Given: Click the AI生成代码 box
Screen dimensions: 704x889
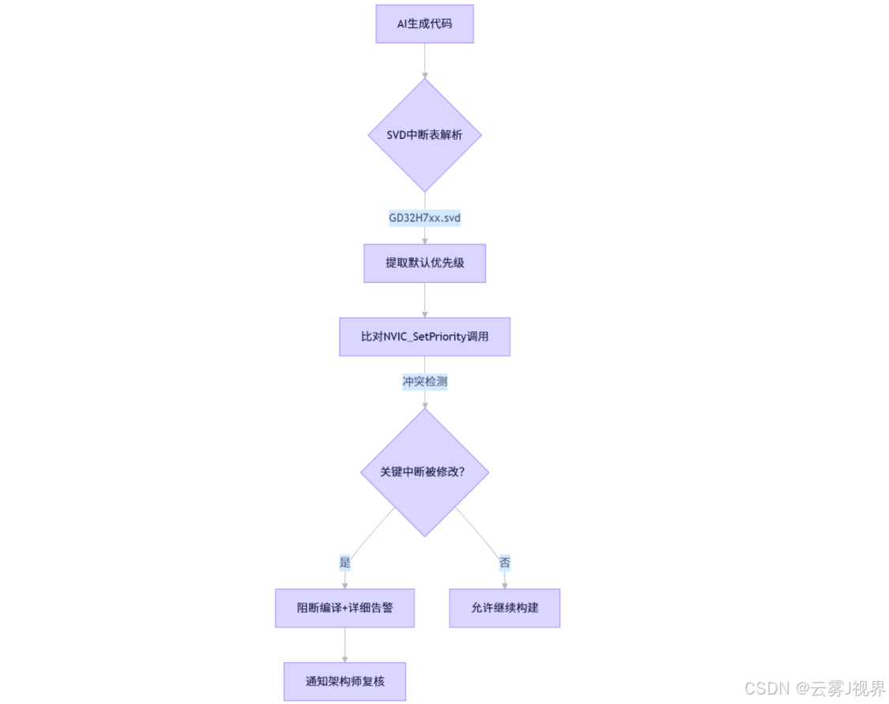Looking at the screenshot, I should tap(424, 24).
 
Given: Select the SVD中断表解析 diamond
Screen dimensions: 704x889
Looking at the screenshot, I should tap(424, 135).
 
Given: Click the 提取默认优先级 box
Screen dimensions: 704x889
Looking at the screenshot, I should tap(424, 263).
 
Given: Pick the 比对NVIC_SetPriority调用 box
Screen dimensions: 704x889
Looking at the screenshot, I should tap(424, 337).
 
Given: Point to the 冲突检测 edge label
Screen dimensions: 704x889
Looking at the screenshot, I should tap(424, 382).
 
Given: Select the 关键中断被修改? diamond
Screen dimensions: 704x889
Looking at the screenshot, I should tap(424, 472).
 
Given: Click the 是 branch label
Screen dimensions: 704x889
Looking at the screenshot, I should tap(345, 563).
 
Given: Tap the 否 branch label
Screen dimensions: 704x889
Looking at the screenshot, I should tap(505, 563).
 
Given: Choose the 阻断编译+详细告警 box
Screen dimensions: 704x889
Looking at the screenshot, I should tap(345, 608).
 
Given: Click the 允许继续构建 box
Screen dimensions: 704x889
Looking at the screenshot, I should tap(505, 608).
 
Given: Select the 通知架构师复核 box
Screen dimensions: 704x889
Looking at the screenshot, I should tap(345, 681).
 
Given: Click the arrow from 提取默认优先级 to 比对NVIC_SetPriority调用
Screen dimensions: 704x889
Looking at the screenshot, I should tap(424, 300).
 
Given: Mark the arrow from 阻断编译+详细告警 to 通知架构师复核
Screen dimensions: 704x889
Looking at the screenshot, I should tap(345, 646).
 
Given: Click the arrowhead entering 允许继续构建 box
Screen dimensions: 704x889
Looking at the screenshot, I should tap(505, 585).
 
